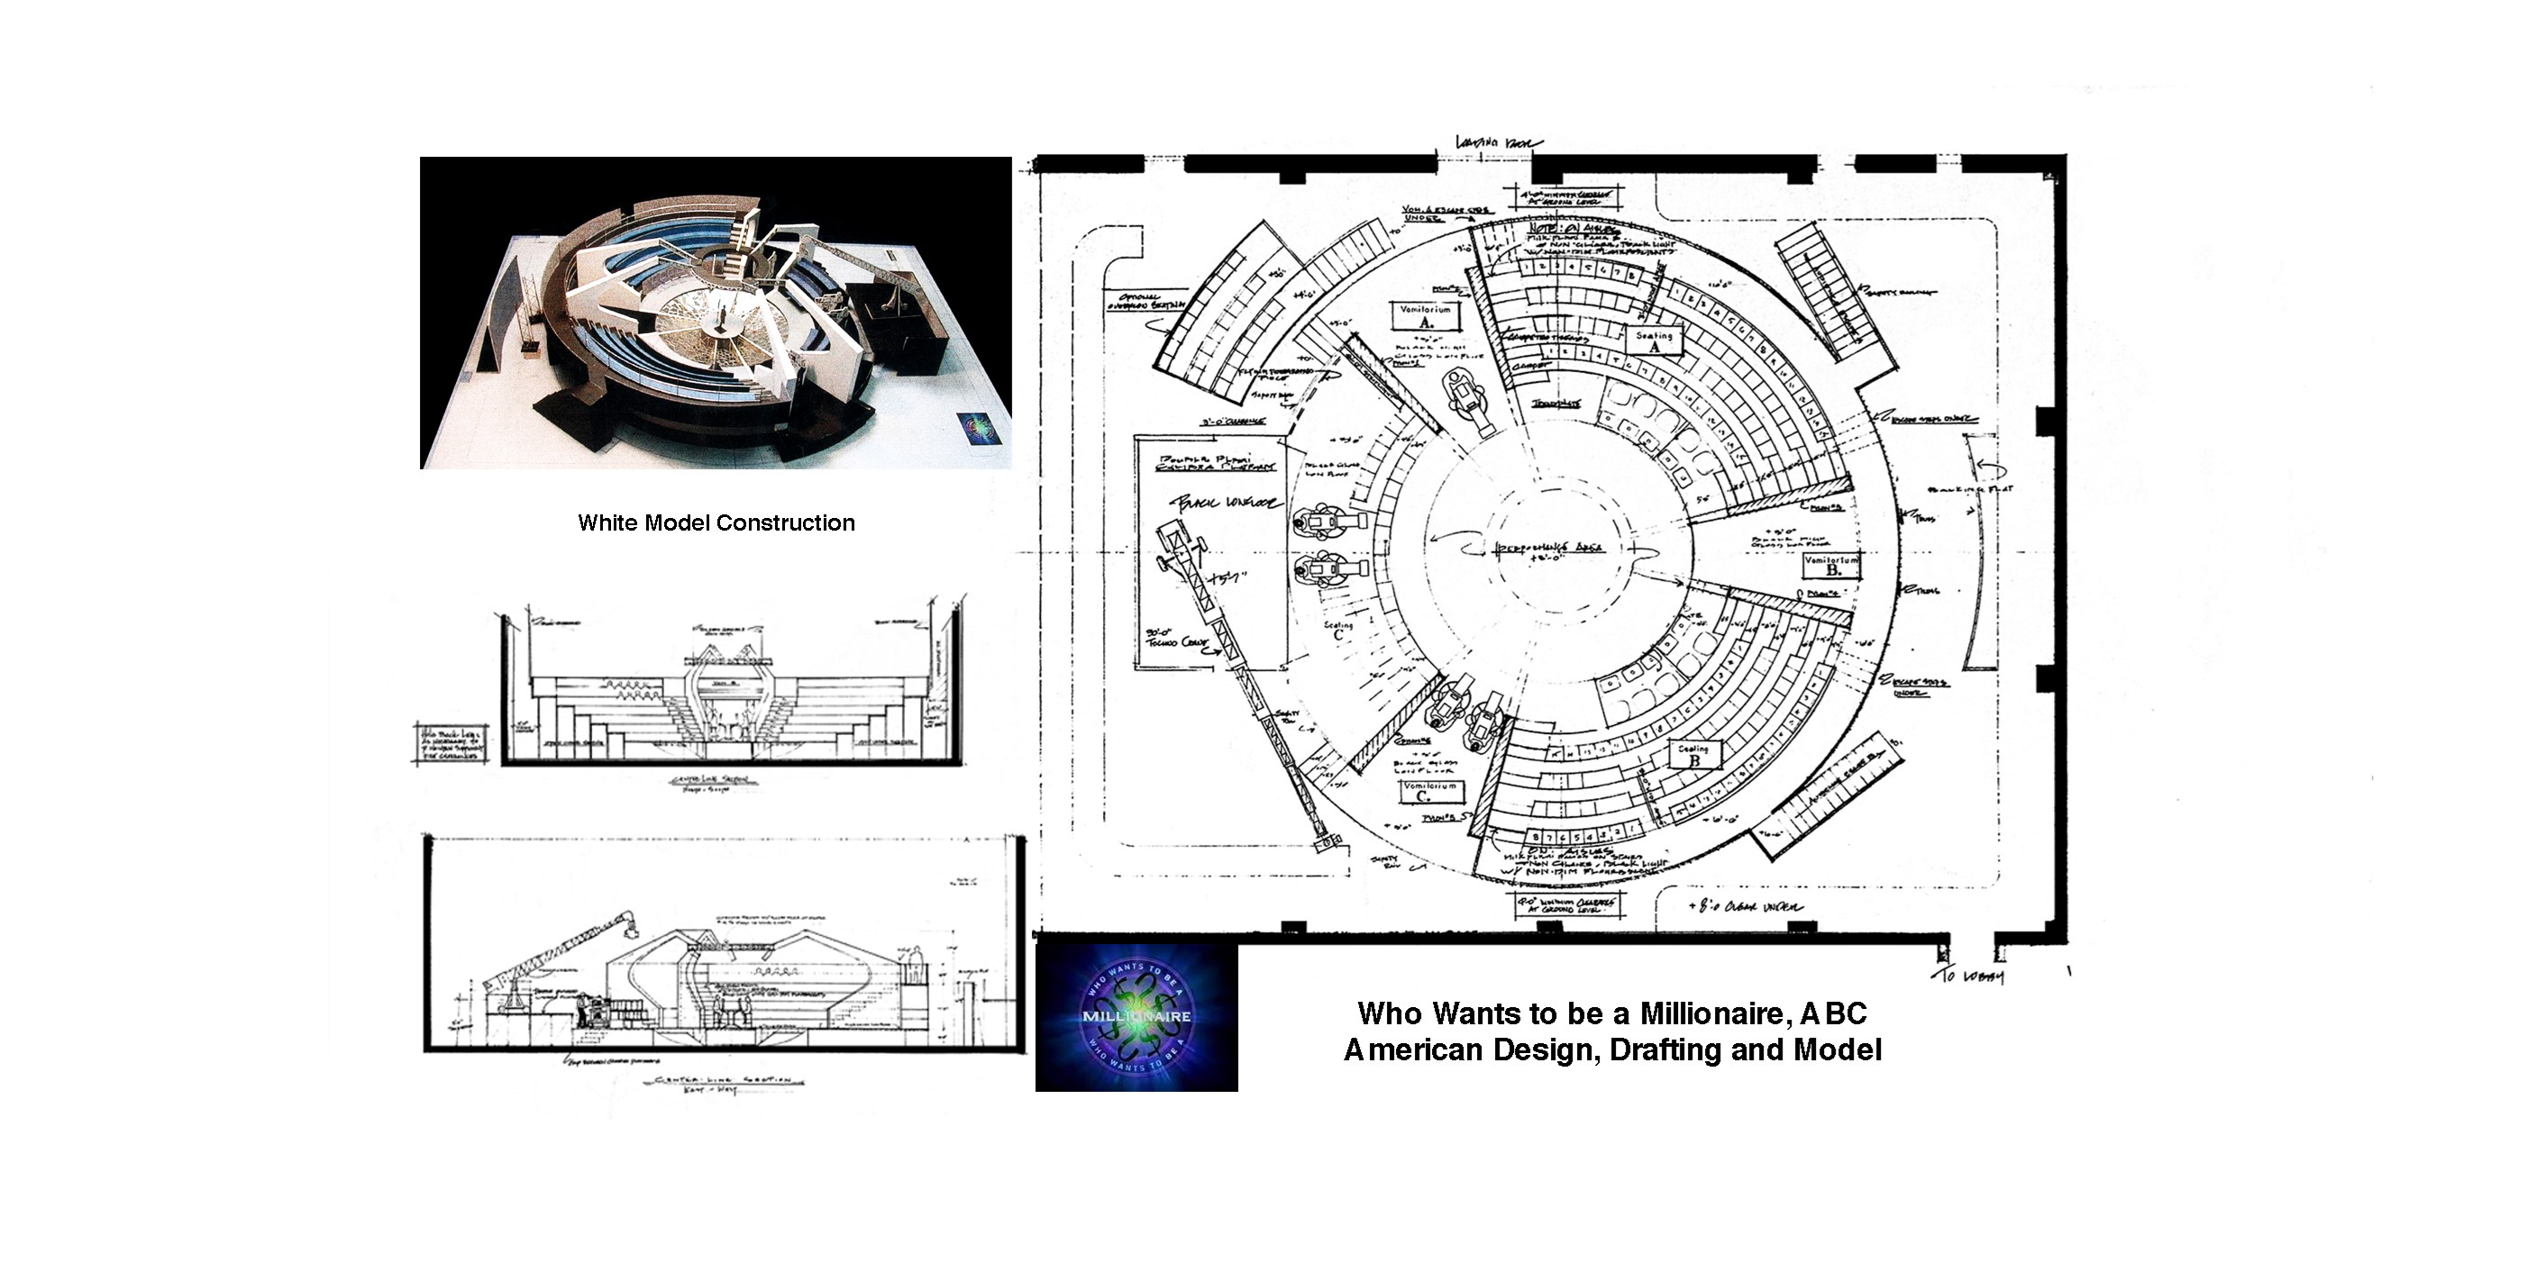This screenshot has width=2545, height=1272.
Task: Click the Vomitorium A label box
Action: tap(1426, 316)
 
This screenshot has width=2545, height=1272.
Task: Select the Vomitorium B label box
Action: tap(1831, 565)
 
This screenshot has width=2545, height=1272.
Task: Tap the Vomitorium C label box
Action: tap(1430, 791)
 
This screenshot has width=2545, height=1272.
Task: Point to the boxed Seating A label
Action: tap(1654, 341)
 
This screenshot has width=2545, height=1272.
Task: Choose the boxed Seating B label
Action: tap(1692, 755)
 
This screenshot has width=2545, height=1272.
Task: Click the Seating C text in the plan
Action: tap(1338, 630)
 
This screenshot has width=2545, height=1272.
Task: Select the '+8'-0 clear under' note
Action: tap(1746, 906)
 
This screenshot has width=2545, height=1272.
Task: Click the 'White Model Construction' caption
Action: tap(716, 523)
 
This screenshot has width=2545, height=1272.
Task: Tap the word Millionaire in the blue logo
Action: tap(1136, 1016)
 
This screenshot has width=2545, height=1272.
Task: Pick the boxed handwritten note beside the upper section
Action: tap(450, 741)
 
